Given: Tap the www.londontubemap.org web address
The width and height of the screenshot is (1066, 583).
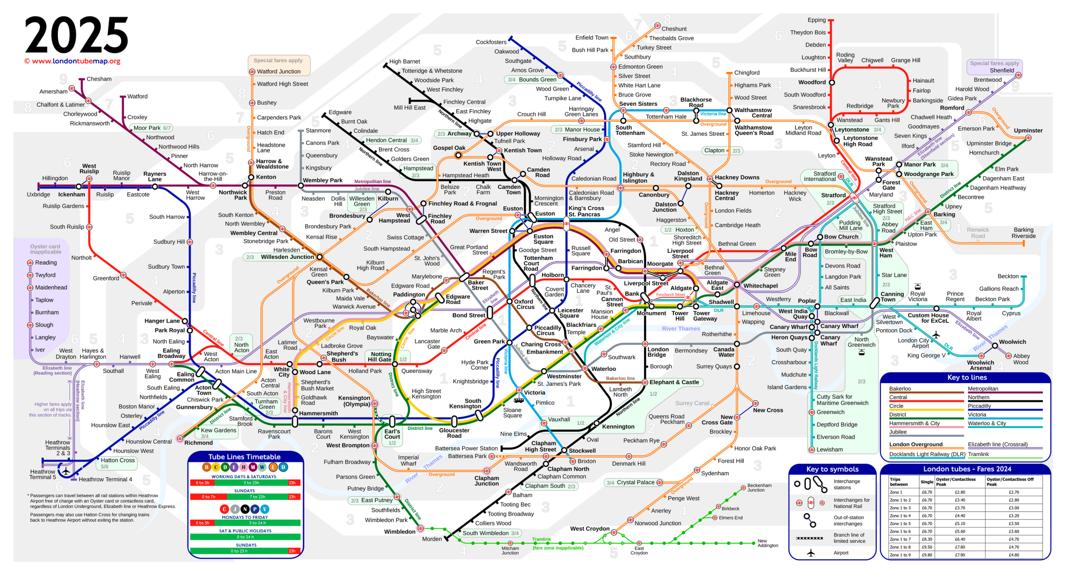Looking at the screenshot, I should point(76,61).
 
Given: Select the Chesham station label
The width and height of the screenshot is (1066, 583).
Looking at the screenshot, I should point(99,79).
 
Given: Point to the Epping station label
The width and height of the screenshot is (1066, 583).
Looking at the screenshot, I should point(816,20).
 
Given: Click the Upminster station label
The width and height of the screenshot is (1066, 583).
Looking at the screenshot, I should point(1028,130).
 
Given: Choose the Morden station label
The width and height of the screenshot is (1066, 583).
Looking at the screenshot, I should point(432,539).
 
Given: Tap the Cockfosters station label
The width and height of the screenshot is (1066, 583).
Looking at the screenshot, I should point(491,42).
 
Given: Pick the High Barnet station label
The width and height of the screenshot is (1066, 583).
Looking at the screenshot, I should point(404,61).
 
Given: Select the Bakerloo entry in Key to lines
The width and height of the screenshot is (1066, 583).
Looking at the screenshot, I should point(900,389).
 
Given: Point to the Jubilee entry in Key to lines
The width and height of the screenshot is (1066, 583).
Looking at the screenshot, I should point(898,432).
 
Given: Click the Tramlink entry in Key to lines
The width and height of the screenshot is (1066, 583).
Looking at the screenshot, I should point(978,454).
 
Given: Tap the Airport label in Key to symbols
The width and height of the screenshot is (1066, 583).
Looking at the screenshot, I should point(841,553).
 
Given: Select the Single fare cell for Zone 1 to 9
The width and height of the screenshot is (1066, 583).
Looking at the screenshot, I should point(927,555).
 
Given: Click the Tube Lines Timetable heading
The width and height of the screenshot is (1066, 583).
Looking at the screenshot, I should point(244,457).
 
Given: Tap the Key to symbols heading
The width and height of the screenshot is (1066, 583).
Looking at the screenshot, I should point(832,469).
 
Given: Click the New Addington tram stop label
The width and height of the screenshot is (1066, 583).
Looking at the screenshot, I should point(767,543).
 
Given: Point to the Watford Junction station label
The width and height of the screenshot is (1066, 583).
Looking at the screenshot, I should point(279,72).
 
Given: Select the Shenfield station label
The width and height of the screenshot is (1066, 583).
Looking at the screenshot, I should point(1001,70).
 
